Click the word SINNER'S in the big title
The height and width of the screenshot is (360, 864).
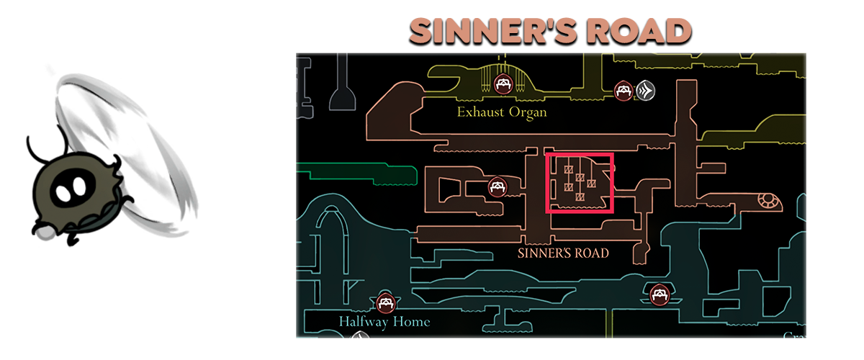(x=493, y=31)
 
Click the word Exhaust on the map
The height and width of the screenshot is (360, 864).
(x=481, y=112)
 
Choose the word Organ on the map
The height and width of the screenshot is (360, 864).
(x=528, y=113)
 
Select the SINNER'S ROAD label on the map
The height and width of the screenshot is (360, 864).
(x=563, y=253)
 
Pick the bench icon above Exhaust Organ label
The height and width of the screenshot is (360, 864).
(x=503, y=84)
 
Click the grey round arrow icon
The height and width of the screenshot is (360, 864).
(x=645, y=91)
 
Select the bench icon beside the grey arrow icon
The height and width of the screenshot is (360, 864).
(x=624, y=91)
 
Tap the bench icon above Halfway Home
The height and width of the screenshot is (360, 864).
(x=385, y=303)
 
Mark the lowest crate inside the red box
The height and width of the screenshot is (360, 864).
(x=580, y=197)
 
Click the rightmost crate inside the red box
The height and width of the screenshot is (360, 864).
(x=591, y=184)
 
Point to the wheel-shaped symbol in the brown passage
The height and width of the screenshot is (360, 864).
(x=768, y=201)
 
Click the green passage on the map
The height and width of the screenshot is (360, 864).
(x=357, y=174)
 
